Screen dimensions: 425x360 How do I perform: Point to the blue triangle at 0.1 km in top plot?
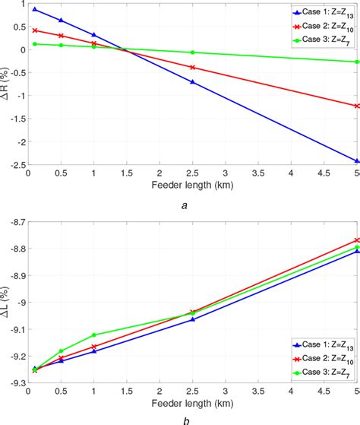coord(35,9)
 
